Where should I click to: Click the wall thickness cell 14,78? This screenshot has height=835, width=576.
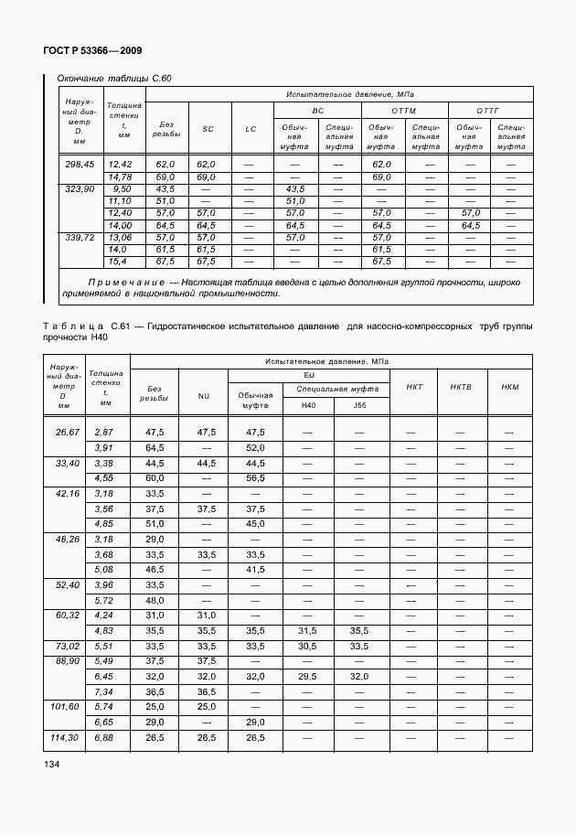121,177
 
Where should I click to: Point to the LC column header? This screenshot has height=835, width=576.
251,129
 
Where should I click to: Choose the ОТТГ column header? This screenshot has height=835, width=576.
489,110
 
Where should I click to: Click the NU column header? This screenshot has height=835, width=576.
203,396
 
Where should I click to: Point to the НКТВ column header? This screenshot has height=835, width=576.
461,387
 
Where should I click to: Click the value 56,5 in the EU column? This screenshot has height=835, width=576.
255,477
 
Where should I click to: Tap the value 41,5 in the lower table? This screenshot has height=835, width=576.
255,569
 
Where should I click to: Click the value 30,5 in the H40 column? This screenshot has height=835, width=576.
307,646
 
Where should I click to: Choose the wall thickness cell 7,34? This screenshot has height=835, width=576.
103,691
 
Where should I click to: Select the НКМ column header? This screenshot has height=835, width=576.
510,387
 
